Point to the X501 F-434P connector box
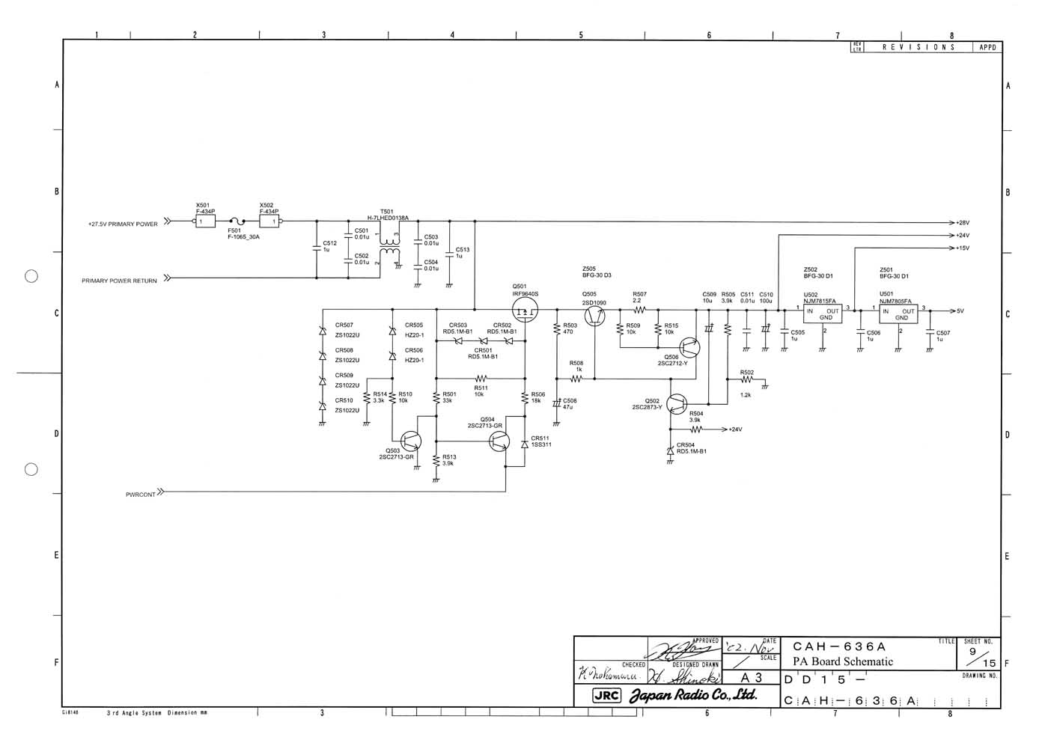(x=205, y=221)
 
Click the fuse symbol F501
(x=238, y=221)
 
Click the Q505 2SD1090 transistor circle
(x=595, y=316)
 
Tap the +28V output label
(x=963, y=223)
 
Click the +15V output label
(x=963, y=248)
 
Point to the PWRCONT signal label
(x=141, y=494)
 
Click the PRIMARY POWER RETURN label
(x=120, y=281)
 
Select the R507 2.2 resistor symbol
(x=639, y=309)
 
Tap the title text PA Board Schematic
(x=842, y=661)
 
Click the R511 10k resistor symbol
(x=480, y=379)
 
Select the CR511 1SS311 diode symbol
(x=525, y=444)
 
